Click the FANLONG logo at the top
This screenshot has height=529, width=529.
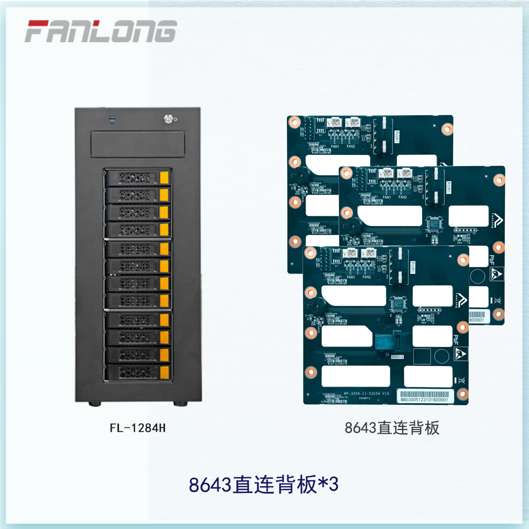point(101,31)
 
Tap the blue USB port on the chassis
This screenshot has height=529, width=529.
point(112,118)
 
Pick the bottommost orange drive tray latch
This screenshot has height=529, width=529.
point(165,371)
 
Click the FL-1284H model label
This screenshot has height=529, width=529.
point(138,428)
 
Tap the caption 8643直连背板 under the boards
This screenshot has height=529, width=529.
point(392,428)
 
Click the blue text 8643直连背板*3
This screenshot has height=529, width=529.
point(263,485)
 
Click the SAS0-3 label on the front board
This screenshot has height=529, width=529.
point(397,357)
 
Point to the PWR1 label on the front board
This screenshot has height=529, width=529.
point(413,266)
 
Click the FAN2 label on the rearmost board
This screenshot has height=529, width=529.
point(350,146)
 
